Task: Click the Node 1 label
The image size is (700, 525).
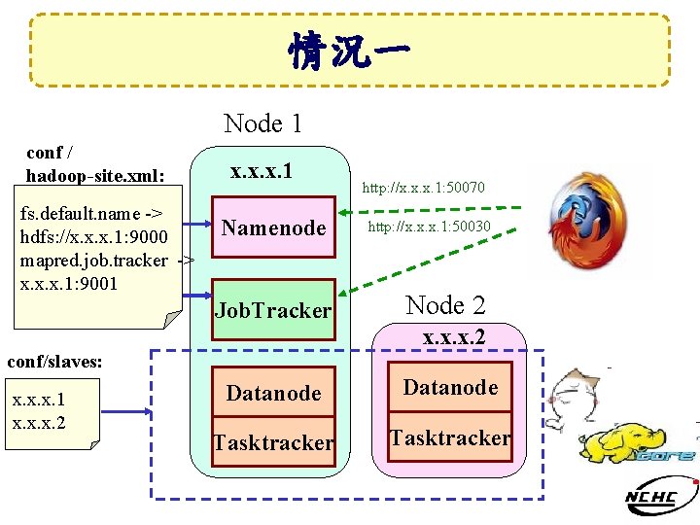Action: click(262, 123)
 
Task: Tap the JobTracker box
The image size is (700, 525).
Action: click(273, 311)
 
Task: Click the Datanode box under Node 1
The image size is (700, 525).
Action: click(273, 394)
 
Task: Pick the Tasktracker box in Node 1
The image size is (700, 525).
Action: click(273, 443)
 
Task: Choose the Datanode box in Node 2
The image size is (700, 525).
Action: click(450, 388)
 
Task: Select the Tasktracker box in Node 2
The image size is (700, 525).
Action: click(450, 438)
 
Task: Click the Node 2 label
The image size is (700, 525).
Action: click(445, 305)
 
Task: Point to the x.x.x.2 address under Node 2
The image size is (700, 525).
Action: click(454, 337)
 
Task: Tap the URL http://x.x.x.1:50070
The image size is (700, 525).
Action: click(424, 187)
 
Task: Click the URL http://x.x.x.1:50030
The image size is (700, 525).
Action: click(429, 227)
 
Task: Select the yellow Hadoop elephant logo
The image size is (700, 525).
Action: click(637, 444)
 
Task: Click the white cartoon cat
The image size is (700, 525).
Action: click(574, 399)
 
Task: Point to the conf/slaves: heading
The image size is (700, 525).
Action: click(54, 362)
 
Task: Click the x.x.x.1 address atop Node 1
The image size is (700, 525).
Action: click(262, 171)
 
